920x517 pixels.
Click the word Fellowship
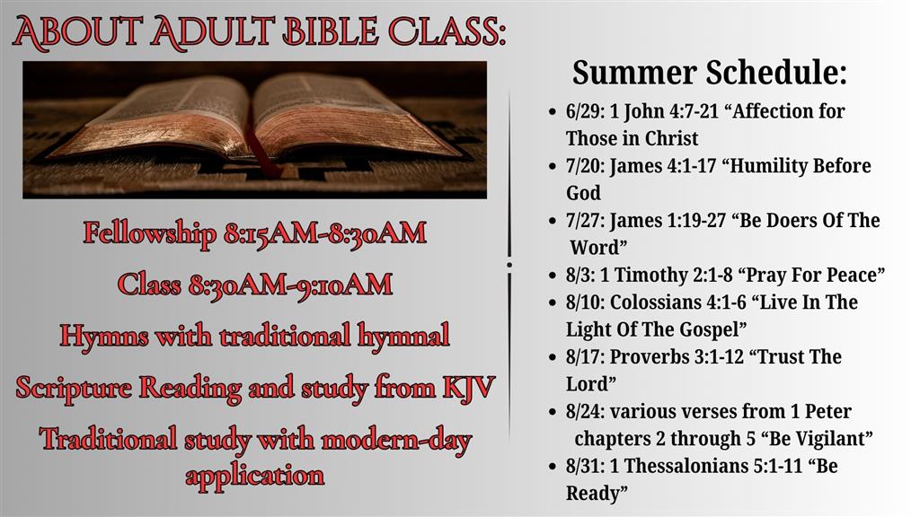coord(149,232)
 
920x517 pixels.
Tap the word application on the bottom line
coord(254,476)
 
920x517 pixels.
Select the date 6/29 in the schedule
coord(584,111)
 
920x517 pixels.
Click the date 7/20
coord(584,166)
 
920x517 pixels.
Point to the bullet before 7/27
coord(553,221)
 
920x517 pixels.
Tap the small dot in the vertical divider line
coord(509,265)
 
